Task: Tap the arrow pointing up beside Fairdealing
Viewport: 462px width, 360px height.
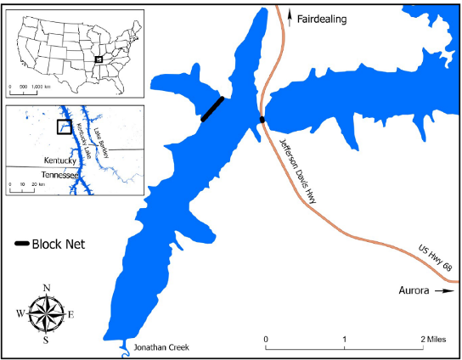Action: click(x=290, y=16)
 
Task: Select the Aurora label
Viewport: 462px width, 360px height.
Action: click(x=418, y=290)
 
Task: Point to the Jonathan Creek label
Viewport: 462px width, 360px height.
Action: click(x=159, y=347)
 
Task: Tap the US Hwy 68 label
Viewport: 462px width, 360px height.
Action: click(x=437, y=262)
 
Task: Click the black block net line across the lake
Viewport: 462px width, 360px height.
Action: click(x=212, y=110)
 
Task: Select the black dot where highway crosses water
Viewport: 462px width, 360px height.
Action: click(x=262, y=120)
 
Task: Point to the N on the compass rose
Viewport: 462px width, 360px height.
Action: click(x=47, y=287)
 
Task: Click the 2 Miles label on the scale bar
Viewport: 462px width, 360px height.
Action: click(x=433, y=340)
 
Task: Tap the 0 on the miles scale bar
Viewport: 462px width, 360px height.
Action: click(x=266, y=340)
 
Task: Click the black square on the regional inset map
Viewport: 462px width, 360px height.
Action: click(x=64, y=127)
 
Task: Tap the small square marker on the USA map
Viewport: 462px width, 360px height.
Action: click(x=99, y=59)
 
